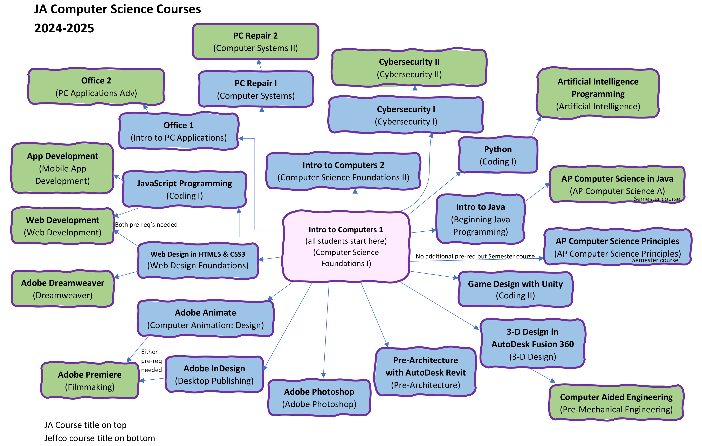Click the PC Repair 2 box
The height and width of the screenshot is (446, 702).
(255, 41)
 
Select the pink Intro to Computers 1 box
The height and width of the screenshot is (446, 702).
(346, 246)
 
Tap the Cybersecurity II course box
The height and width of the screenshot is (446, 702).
(409, 68)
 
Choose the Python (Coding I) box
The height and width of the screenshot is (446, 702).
(498, 155)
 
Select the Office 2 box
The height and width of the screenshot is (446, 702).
(96, 87)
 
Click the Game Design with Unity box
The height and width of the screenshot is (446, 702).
(515, 289)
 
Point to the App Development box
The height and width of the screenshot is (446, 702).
(62, 168)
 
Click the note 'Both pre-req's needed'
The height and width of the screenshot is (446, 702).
(146, 225)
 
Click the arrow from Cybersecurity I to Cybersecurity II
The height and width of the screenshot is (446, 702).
(415, 91)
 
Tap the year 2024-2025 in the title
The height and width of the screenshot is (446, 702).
(64, 28)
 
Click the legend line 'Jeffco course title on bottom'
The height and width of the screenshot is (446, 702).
(99, 438)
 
